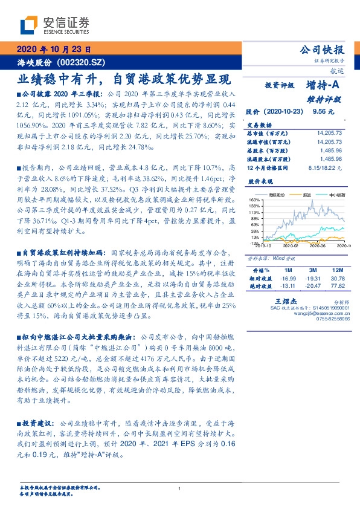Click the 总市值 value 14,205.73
329,132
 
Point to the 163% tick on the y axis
254,199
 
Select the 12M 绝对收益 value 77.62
337,285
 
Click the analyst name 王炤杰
283,300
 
